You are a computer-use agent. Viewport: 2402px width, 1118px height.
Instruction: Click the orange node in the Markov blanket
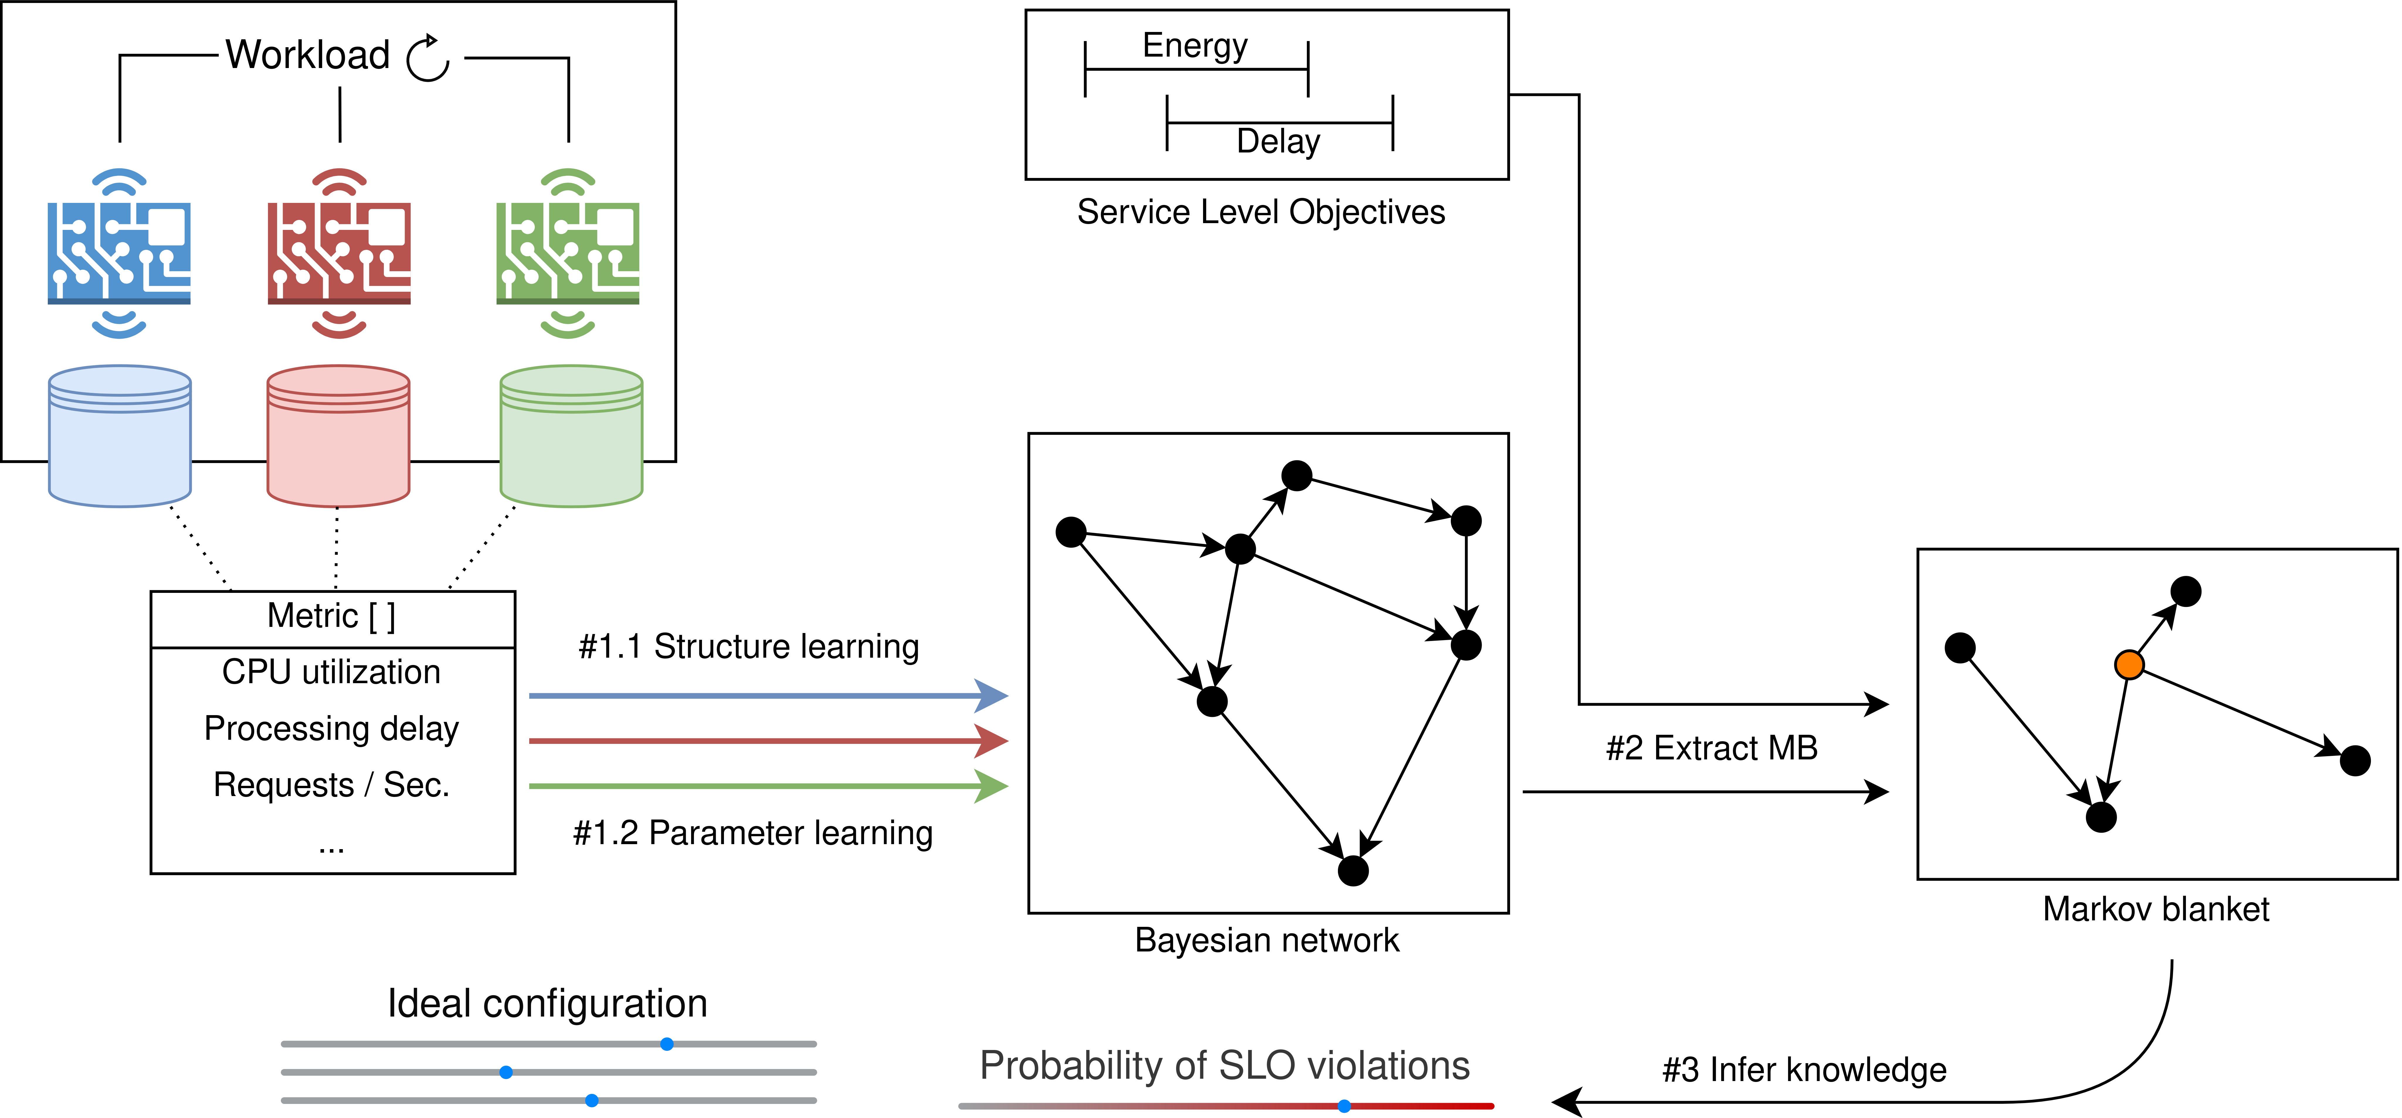pyautogui.click(x=2129, y=665)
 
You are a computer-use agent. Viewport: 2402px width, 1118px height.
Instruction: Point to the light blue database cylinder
pyautogui.click(x=119, y=436)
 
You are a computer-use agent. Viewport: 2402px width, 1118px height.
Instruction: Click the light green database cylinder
pyautogui.click(x=571, y=436)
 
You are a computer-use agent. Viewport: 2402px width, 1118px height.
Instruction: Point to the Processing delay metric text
pyautogui.click(x=331, y=728)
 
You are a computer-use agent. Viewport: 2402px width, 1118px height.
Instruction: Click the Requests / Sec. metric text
pyautogui.click(x=331, y=785)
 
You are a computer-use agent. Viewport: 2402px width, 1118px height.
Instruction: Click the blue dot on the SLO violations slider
pyautogui.click(x=1344, y=1106)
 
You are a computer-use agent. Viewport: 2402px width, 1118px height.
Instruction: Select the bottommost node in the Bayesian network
pyautogui.click(x=1353, y=871)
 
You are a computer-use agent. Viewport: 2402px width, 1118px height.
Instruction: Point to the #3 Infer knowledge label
pyautogui.click(x=1804, y=1070)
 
